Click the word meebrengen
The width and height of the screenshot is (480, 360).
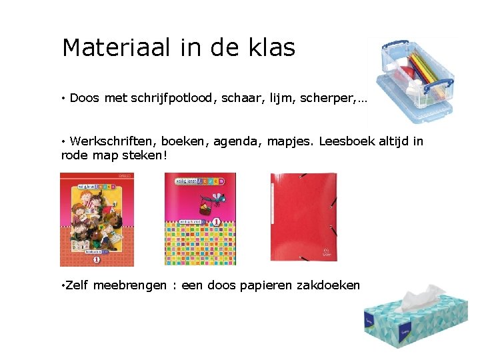pos(130,285)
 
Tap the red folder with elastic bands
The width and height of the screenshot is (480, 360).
pos(303,217)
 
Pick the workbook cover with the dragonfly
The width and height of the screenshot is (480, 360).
pos(200,219)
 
